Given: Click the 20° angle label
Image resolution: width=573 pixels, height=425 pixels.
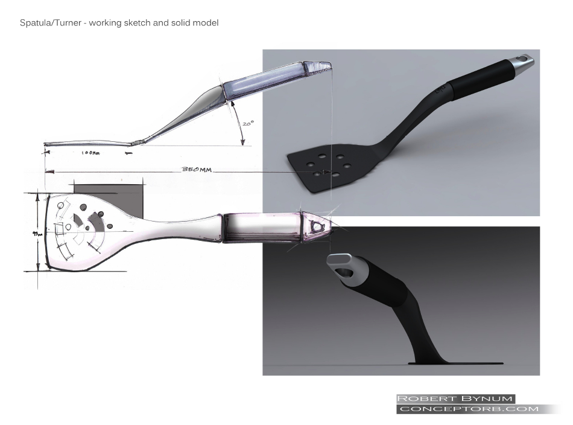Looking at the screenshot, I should [x=247, y=123].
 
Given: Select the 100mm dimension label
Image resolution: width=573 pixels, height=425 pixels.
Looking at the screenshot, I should [x=92, y=153].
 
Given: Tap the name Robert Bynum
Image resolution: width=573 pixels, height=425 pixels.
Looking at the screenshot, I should [x=455, y=398].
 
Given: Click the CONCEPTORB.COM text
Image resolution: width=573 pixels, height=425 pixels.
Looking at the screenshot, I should [x=467, y=409].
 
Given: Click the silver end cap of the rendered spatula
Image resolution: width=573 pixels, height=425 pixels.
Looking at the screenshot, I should [x=520, y=65].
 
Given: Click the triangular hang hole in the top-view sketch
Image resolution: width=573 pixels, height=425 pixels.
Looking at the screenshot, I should [x=318, y=226].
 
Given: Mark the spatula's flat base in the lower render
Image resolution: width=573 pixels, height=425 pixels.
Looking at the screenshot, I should [x=455, y=363].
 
